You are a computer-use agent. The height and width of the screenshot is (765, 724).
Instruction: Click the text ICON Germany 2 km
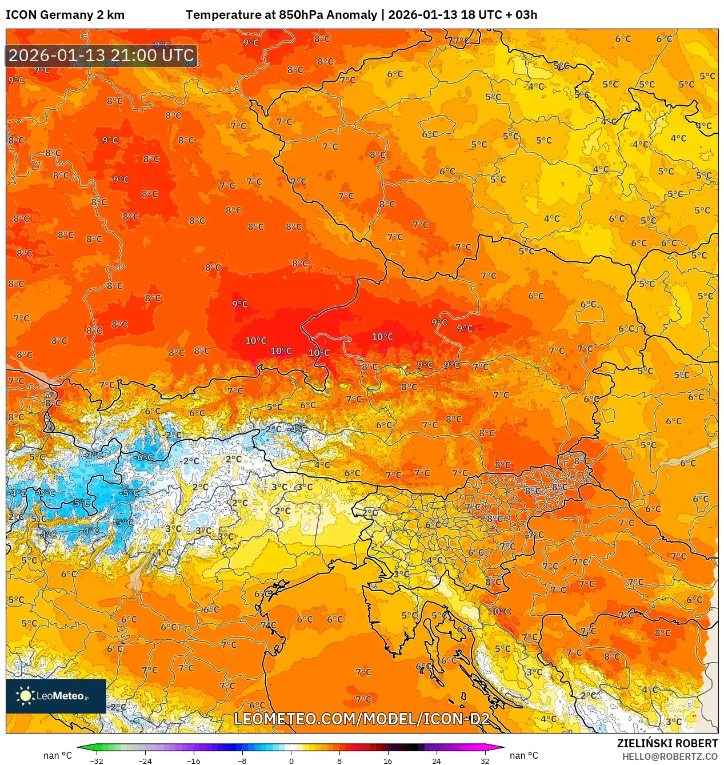click(x=65, y=15)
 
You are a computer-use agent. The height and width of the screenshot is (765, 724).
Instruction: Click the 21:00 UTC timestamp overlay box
click(x=101, y=55)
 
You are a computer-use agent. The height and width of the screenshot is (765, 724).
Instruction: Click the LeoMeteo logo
click(x=56, y=696)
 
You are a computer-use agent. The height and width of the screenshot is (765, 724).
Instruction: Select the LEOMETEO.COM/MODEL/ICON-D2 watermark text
click(x=362, y=719)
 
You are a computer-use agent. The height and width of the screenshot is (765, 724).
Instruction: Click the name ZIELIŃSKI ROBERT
click(x=667, y=743)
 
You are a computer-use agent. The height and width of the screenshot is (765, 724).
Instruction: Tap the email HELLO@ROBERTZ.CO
click(x=670, y=756)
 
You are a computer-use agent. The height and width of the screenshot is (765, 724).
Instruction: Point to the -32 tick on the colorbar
click(x=97, y=760)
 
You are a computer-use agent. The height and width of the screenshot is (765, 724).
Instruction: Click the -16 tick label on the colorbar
click(x=194, y=760)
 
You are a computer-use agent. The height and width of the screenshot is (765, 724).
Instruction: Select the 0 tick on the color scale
click(x=291, y=760)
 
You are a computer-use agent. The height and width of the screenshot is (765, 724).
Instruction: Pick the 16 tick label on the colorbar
click(x=387, y=760)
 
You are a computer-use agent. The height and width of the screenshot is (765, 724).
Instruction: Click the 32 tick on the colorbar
click(x=485, y=760)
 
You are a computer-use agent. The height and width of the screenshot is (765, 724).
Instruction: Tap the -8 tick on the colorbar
click(x=242, y=760)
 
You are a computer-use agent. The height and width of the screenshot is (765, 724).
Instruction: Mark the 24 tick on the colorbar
click(x=436, y=760)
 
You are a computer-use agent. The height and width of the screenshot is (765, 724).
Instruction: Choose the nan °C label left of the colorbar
click(x=57, y=756)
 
